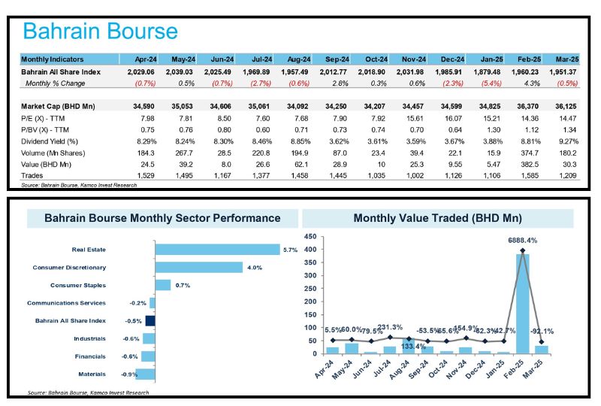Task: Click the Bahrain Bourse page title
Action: (100, 32)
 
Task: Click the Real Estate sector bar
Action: (216, 250)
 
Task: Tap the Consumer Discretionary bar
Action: (198, 267)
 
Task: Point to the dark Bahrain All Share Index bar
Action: (150, 320)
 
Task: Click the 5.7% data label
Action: (290, 250)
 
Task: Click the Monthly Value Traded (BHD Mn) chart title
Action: (437, 219)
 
